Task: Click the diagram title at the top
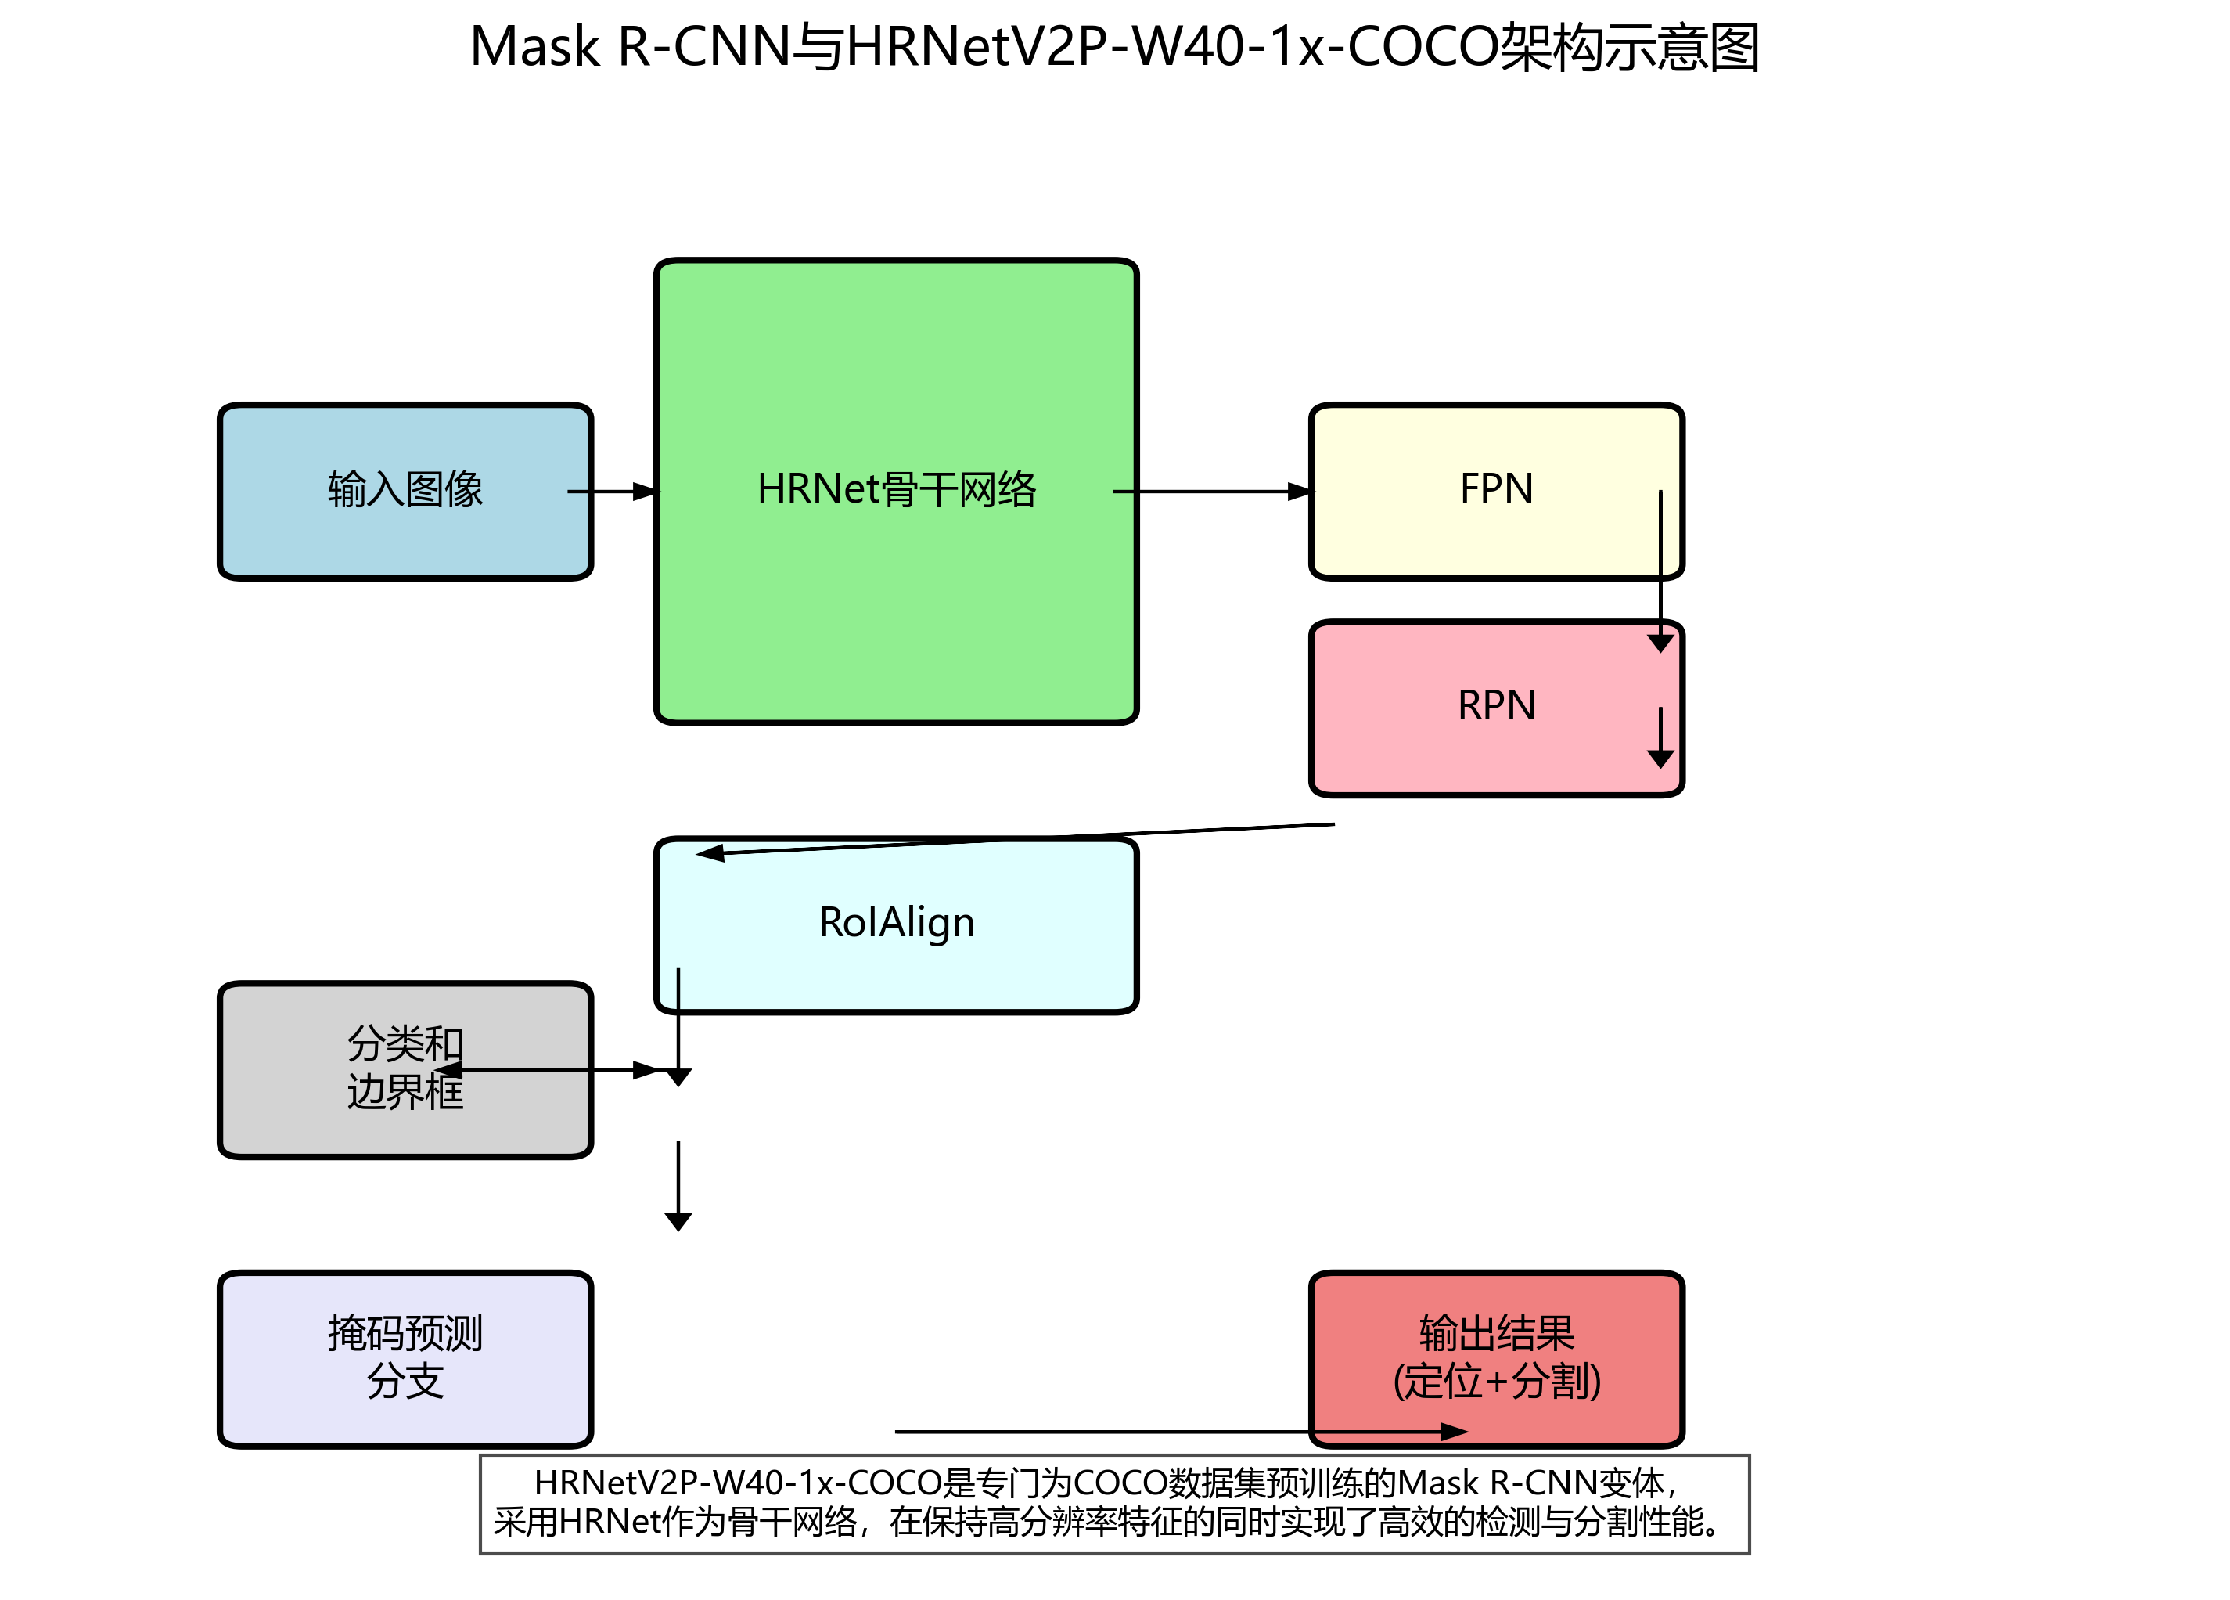[1114, 47]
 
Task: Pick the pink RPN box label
[1495, 706]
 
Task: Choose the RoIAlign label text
[896, 922]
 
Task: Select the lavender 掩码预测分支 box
[404, 1358]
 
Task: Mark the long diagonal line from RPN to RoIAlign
[1023, 839]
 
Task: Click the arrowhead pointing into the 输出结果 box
[1453, 1432]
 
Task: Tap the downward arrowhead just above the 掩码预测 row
[678, 1221]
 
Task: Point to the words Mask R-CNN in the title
[630, 47]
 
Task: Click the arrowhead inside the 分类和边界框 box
[448, 1070]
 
